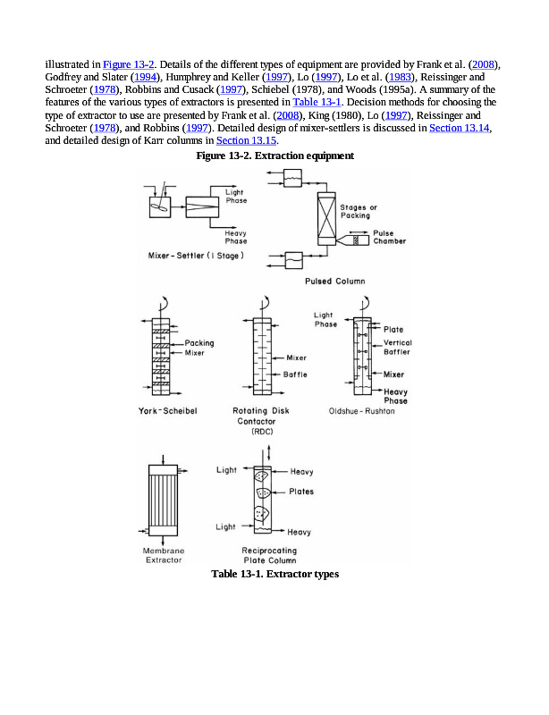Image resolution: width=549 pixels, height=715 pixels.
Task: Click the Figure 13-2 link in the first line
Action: [130, 64]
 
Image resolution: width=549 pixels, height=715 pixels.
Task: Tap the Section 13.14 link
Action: [460, 128]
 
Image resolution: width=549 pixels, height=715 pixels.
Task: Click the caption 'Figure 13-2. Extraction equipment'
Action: [274, 156]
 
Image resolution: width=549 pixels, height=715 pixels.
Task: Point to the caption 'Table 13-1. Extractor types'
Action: [274, 574]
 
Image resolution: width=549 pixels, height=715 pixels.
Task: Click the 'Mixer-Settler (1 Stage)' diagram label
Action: [196, 256]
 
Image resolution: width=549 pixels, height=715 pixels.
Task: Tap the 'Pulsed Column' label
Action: [334, 281]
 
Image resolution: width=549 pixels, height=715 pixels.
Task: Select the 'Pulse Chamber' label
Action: [389, 237]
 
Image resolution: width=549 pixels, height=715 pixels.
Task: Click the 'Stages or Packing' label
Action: [359, 211]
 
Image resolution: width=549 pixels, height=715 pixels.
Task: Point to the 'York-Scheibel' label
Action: [167, 410]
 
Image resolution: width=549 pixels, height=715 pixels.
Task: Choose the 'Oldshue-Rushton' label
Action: [362, 410]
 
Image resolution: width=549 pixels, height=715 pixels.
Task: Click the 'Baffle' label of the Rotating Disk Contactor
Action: [295, 374]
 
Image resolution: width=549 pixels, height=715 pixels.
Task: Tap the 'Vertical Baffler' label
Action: [398, 348]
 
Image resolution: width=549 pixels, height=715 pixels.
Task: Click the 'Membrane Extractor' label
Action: [163, 555]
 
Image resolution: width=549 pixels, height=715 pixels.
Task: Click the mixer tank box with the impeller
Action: [159, 206]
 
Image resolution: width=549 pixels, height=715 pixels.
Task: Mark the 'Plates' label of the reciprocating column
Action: [301, 492]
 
